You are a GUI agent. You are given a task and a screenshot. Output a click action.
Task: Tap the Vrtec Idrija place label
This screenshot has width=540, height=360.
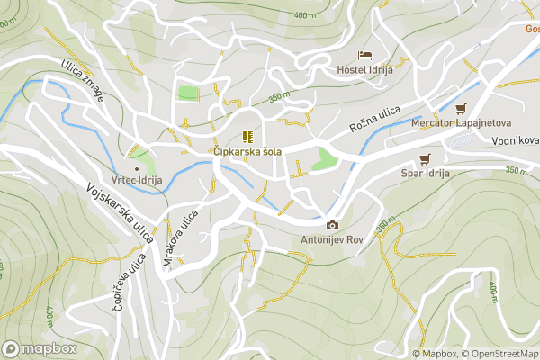tap(137, 181)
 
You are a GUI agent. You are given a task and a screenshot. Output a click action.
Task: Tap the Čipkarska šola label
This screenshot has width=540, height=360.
tap(247, 152)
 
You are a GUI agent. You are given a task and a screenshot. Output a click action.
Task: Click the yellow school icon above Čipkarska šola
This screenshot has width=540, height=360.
tap(247, 137)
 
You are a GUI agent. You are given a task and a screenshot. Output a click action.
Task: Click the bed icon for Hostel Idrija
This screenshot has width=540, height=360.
tap(364, 55)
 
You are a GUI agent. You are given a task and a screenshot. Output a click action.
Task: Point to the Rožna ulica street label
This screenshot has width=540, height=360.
tap(374, 116)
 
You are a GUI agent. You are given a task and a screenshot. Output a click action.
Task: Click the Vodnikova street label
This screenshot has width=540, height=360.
tap(515, 141)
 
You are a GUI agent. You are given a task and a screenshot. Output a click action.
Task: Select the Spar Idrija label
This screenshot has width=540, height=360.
tap(425, 173)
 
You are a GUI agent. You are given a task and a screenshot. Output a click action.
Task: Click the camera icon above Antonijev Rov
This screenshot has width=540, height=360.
tap(332, 225)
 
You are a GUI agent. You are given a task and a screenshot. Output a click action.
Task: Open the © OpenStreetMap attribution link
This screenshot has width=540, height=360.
tap(499, 354)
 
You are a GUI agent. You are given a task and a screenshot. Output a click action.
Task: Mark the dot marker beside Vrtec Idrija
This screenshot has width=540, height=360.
tap(137, 168)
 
